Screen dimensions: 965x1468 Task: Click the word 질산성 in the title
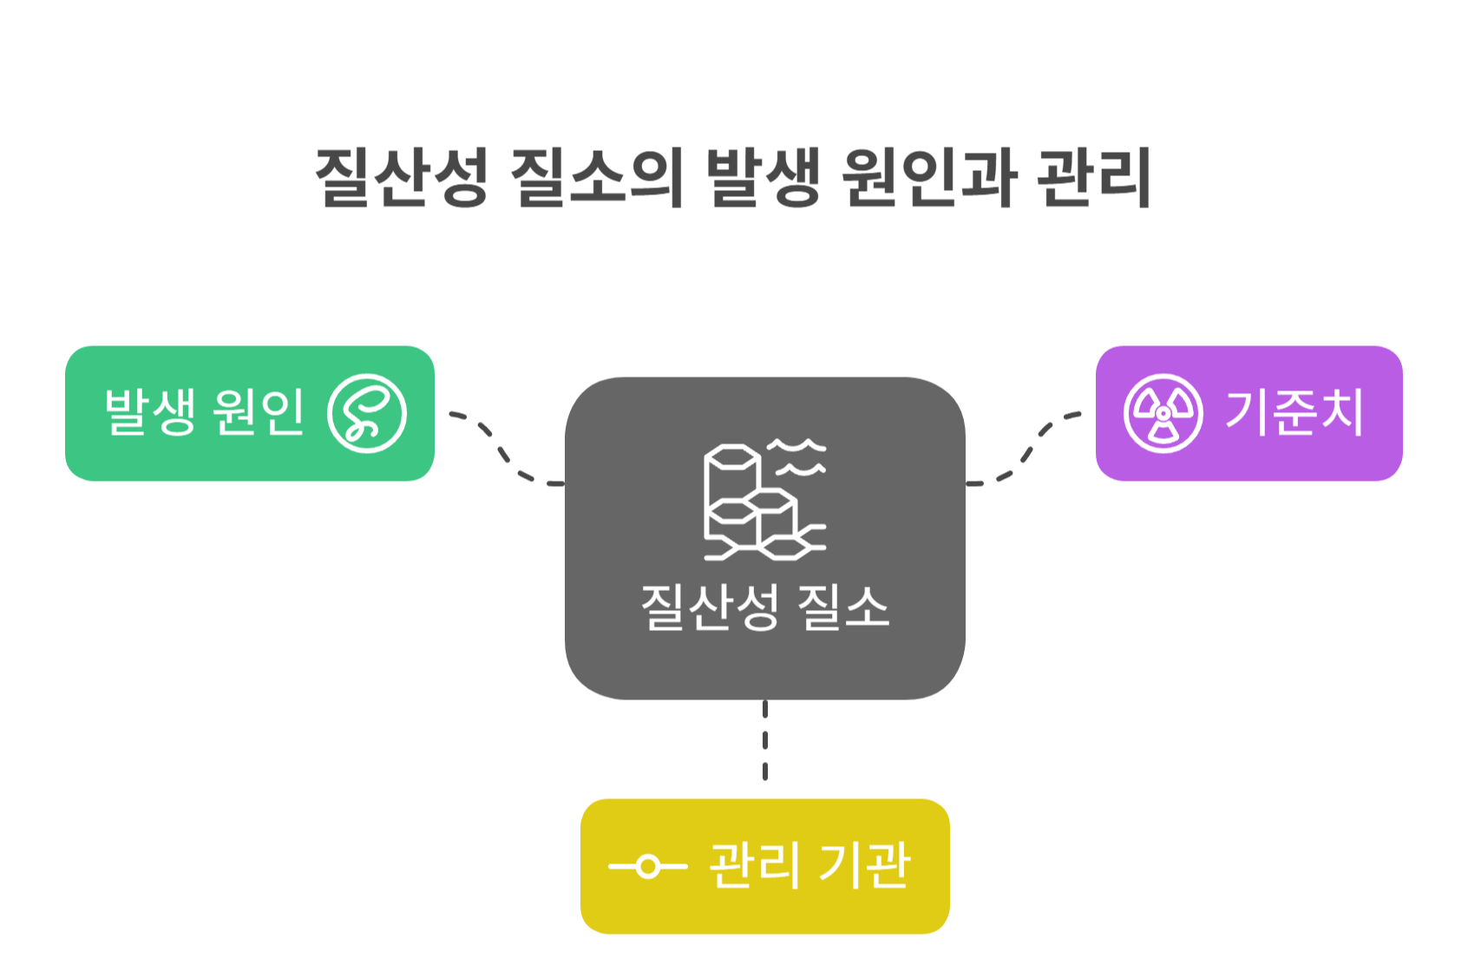pos(401,177)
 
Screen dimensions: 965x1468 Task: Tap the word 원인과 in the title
pos(928,177)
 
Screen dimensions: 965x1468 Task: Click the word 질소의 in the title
pos(597,177)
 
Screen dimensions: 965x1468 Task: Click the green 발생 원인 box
pos(250,413)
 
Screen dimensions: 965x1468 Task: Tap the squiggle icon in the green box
pos(367,413)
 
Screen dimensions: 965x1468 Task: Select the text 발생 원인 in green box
pos(204,411)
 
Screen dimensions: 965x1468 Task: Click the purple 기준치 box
pos(1248,413)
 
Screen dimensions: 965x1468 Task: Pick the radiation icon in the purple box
pos(1163,413)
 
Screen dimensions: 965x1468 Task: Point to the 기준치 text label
pos(1294,411)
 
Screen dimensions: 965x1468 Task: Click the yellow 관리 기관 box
pos(764,866)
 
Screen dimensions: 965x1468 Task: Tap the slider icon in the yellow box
pos(647,866)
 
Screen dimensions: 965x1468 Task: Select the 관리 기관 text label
pos(809,865)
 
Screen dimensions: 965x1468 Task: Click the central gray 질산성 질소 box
pos(764,538)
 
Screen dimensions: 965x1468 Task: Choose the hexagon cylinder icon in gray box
pos(763,501)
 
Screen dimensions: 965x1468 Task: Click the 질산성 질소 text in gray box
pos(764,607)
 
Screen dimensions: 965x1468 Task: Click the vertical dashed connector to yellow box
pos(764,740)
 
